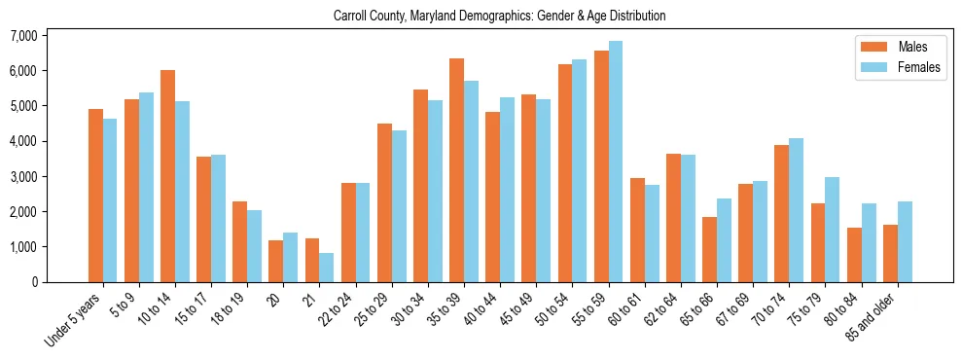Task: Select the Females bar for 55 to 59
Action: (616, 162)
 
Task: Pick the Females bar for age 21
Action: (327, 268)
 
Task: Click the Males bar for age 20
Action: (276, 261)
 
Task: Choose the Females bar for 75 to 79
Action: (833, 230)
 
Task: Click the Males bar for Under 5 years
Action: (95, 196)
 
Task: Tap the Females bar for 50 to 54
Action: (580, 170)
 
